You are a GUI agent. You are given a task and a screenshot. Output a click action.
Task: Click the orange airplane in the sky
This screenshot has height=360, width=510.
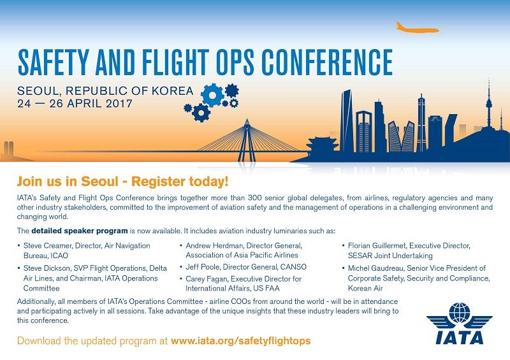coord(418,27)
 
